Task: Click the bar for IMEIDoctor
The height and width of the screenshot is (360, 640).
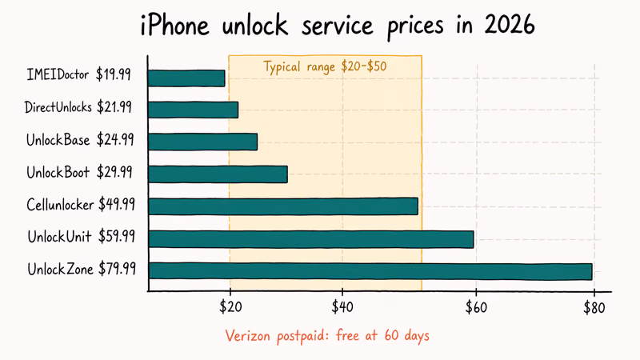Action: point(186,78)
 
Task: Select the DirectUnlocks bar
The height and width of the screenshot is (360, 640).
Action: point(193,110)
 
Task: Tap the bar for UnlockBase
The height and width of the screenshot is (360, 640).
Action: point(202,142)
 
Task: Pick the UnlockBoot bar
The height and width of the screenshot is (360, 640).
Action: point(218,174)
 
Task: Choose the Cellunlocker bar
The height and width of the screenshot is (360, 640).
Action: point(283,206)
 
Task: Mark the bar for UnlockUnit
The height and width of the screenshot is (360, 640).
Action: point(311,238)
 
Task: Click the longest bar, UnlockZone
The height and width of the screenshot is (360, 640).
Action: point(370,271)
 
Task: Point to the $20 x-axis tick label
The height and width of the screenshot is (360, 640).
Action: point(230,308)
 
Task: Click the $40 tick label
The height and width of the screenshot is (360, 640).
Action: point(342,308)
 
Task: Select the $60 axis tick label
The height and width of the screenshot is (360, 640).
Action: point(475,308)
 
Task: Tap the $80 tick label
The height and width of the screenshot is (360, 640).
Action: point(594,308)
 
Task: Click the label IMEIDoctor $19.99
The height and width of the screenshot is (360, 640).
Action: point(79,77)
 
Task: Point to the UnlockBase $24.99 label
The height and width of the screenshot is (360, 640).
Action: point(80,140)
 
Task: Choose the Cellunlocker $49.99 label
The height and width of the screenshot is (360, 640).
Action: point(80,205)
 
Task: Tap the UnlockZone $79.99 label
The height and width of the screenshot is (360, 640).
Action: point(80,270)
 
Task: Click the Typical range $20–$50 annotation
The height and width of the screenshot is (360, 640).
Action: point(325,66)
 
